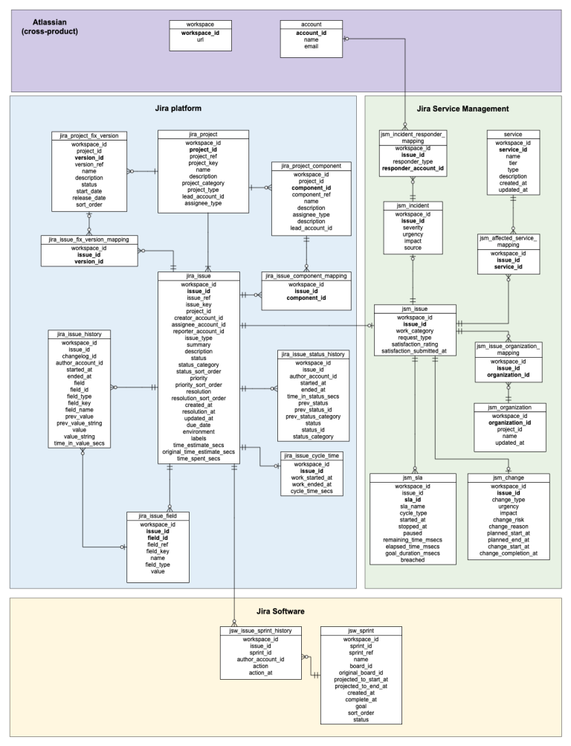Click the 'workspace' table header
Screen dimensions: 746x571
191,25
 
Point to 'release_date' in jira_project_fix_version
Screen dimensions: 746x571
89,198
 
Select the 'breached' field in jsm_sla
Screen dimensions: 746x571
412,559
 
